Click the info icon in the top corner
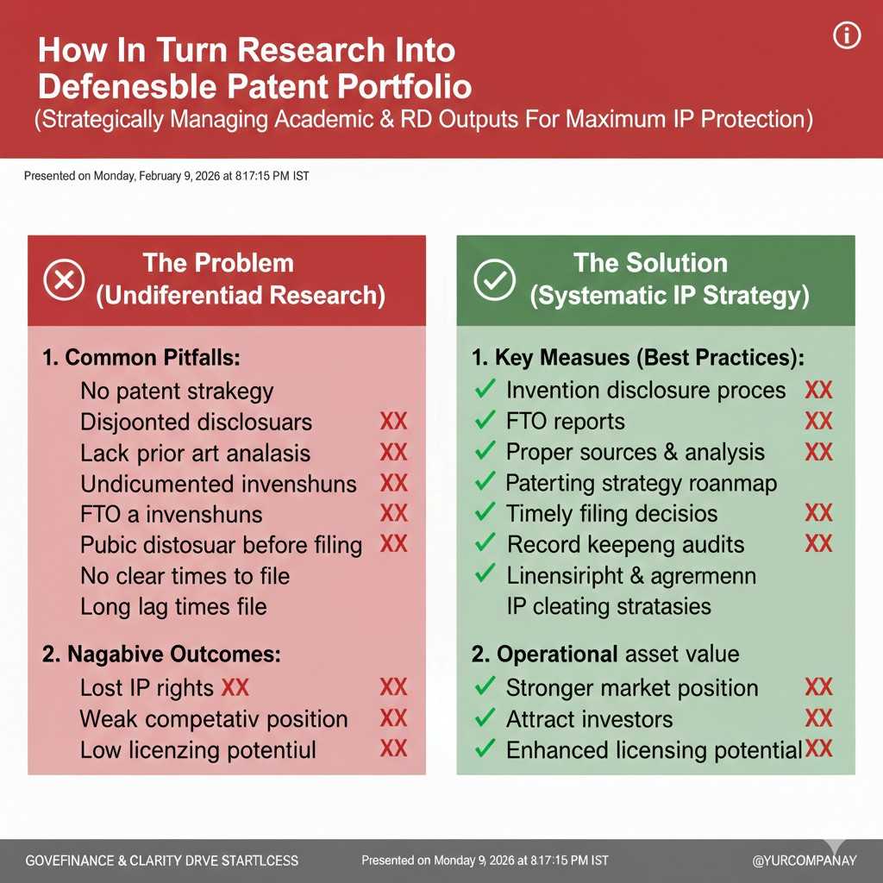tap(848, 36)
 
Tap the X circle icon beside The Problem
tap(65, 279)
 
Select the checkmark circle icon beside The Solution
tap(495, 279)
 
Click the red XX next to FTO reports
tap(817, 422)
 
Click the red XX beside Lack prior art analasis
tap(393, 453)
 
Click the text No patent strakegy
tap(177, 391)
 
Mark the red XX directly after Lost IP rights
tap(235, 688)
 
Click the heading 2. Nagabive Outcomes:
tap(160, 654)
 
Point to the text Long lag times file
tap(173, 606)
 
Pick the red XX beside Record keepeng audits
tap(817, 544)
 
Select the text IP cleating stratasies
tap(608, 606)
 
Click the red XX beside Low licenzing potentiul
tap(393, 748)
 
